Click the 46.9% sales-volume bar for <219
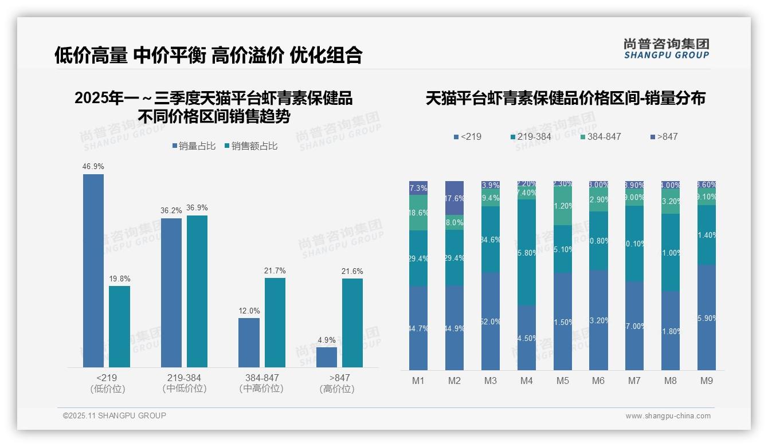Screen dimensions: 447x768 click(93, 270)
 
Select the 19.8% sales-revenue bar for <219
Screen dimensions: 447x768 click(119, 326)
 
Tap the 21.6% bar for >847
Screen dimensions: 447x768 click(352, 323)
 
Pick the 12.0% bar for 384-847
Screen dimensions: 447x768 click(249, 342)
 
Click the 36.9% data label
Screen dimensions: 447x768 click(197, 208)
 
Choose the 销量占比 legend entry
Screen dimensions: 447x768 click(194, 146)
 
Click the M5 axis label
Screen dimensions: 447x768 click(562, 381)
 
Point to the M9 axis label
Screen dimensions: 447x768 click(707, 381)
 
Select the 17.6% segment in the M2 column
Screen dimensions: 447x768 click(454, 198)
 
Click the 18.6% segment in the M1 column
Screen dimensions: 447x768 click(418, 213)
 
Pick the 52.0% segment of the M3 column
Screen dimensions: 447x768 click(491, 321)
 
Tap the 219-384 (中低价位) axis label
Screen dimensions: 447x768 click(184, 383)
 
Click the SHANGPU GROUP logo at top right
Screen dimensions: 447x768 click(666, 49)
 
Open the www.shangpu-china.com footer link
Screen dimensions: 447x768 click(668, 416)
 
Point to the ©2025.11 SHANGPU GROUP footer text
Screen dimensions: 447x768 click(115, 415)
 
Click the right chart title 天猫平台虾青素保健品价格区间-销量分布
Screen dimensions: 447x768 click(565, 98)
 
